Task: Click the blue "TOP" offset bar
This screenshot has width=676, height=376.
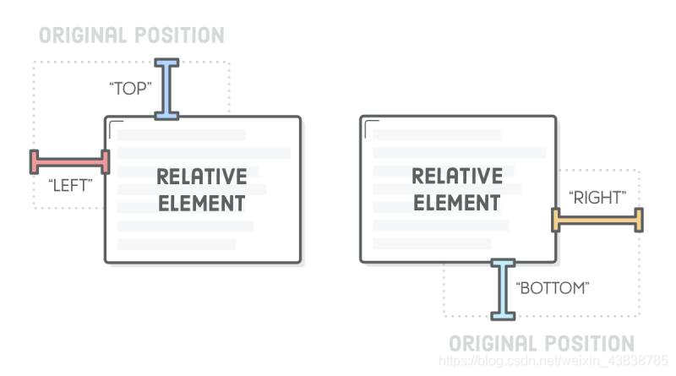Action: [x=166, y=89]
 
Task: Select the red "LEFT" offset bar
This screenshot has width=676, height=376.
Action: [x=70, y=161]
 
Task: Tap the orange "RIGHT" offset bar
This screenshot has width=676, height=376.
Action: [x=597, y=220]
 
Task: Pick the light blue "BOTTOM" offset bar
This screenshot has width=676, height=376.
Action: [x=503, y=289]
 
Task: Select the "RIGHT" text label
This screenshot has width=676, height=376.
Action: [x=597, y=198]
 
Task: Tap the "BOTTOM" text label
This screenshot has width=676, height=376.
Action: [x=552, y=288]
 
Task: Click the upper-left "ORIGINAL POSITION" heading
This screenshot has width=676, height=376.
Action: [x=131, y=35]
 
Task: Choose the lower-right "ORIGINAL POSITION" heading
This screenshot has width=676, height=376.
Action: [x=541, y=343]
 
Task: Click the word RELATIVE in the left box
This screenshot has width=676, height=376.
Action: [x=202, y=177]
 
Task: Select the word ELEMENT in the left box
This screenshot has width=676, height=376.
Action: [x=202, y=204]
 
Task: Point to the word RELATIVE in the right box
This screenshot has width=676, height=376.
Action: [x=456, y=177]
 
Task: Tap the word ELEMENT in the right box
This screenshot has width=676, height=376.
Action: [x=456, y=204]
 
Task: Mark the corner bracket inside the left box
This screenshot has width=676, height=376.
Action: [x=117, y=127]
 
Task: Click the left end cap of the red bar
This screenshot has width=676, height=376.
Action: [x=35, y=161]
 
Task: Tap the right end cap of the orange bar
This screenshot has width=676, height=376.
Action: [x=639, y=220]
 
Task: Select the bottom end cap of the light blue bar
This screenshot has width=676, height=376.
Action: [x=503, y=316]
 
